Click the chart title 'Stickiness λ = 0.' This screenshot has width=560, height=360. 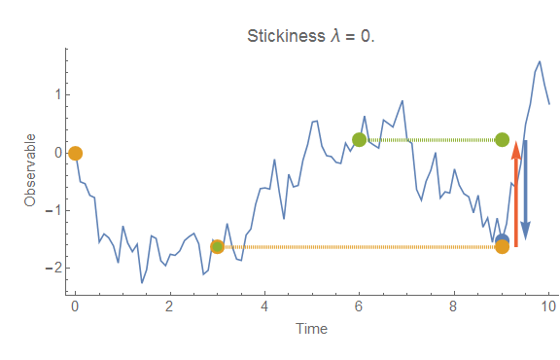tap(311, 37)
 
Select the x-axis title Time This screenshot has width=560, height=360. tap(311, 328)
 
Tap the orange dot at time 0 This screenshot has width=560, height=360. tap(75, 153)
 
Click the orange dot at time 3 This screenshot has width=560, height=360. tap(217, 247)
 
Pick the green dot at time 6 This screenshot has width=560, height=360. tap(360, 139)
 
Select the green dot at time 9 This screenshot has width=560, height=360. tap(502, 139)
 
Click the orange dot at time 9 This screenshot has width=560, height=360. tap(502, 247)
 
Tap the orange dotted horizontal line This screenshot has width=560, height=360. tap(360, 247)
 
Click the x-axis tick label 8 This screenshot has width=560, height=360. tap(454, 304)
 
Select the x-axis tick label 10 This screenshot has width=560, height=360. tap(548, 304)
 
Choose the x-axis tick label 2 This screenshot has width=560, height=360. tap(170, 304)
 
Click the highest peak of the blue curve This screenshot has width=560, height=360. tap(539, 61)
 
